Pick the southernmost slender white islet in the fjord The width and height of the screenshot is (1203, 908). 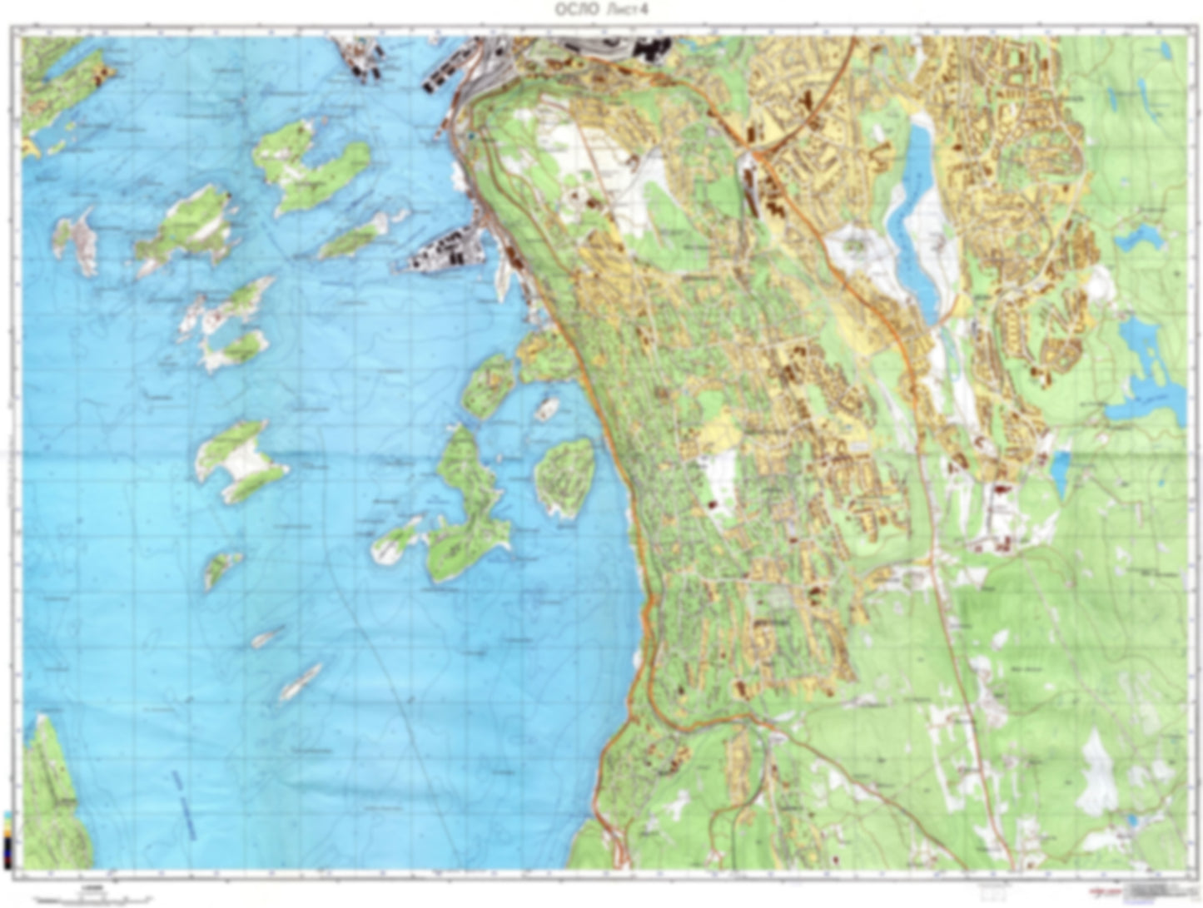[x=300, y=682]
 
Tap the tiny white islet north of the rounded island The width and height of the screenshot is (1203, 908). [x=546, y=409]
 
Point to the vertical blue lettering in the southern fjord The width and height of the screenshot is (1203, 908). [x=182, y=803]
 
